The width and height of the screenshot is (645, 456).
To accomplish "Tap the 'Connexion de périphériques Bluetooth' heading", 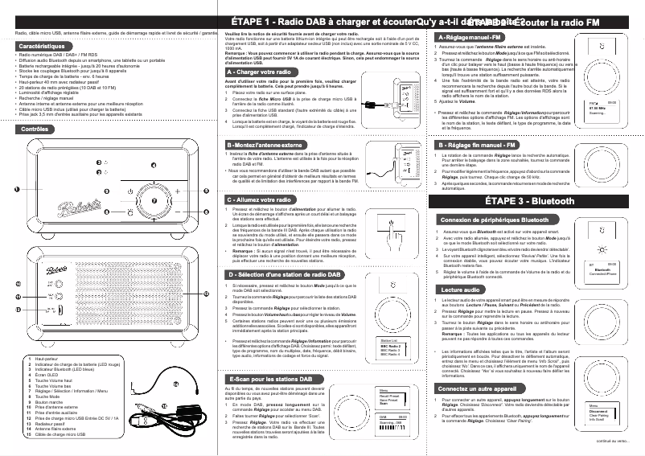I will pos(495,220).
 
